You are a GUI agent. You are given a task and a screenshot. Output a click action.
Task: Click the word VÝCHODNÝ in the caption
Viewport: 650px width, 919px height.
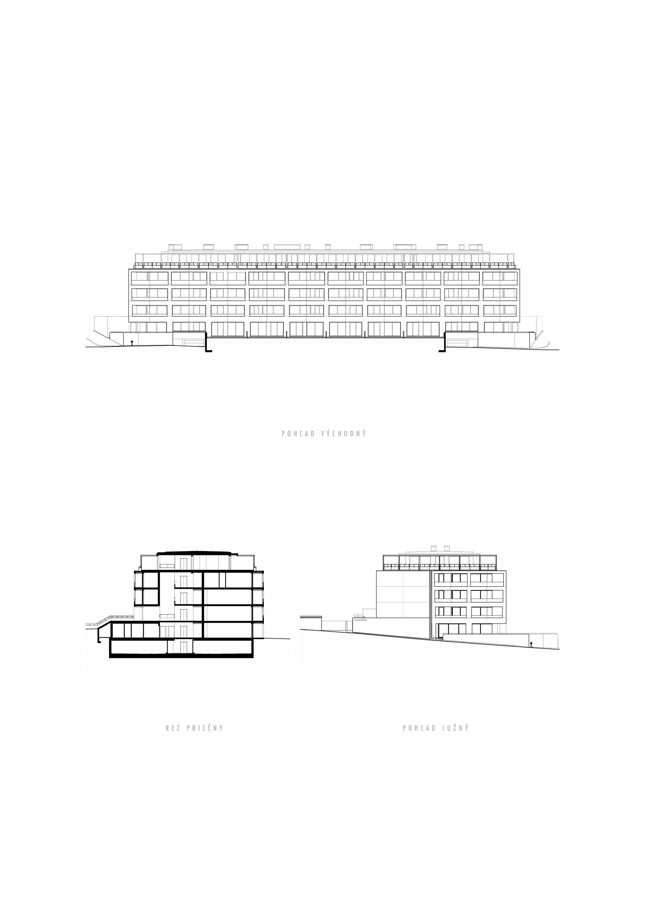(344, 433)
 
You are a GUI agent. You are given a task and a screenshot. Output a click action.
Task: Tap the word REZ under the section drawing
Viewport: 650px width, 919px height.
(173, 728)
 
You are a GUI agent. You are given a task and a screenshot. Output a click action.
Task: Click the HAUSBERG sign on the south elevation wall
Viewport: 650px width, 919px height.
(360, 620)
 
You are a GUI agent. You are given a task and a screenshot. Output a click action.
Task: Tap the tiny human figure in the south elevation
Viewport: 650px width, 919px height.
(532, 644)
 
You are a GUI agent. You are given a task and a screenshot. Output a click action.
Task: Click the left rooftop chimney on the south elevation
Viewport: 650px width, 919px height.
(434, 548)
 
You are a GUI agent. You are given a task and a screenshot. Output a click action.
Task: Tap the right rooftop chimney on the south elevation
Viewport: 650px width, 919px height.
(447, 548)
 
